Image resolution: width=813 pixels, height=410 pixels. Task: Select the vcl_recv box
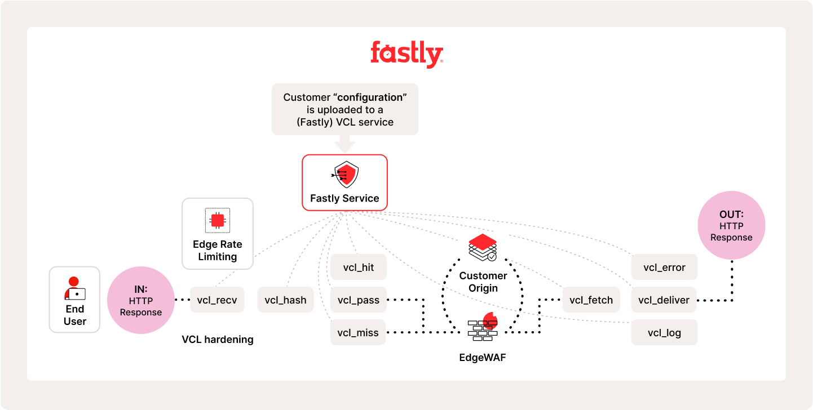216,300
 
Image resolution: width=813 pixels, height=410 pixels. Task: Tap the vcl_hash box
285,300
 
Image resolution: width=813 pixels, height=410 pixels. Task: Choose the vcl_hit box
359,268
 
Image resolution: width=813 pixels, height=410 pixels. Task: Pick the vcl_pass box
359,300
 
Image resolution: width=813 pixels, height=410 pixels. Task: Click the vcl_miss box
359,332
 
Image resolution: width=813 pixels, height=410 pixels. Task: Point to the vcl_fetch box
591,300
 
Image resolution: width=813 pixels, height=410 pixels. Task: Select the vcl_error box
664,268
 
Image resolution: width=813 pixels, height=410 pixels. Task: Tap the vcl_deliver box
664,300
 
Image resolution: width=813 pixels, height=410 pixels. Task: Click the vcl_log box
664,332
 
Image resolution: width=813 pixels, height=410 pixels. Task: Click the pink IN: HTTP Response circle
141,300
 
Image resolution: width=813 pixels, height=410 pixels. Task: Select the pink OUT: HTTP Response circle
731,225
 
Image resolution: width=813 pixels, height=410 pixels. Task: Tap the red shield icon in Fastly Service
345,175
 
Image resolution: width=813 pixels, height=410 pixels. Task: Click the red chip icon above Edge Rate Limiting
218,220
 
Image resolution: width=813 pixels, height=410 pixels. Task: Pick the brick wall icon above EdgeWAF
482,328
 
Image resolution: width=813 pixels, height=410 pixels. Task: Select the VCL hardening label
218,340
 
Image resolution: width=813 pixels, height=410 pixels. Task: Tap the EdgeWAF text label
483,357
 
